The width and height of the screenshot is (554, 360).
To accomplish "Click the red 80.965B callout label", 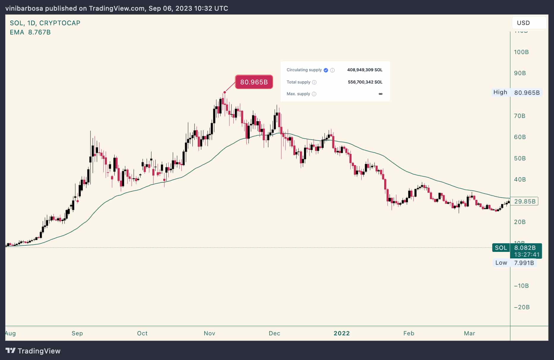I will [254, 82].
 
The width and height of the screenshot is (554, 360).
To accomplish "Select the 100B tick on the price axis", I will [521, 52].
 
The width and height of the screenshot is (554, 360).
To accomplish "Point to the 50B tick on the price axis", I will [520, 158].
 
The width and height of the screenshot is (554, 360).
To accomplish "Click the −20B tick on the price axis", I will [522, 307].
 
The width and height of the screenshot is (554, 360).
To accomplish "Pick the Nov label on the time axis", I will [209, 333].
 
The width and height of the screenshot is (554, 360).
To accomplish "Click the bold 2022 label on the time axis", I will [341, 333].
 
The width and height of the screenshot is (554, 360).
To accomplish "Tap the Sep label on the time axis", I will [77, 333].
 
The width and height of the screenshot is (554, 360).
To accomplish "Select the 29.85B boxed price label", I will [525, 201].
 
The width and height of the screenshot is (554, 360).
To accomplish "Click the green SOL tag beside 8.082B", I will [501, 248].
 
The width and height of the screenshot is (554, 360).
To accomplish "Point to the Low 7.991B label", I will [515, 263].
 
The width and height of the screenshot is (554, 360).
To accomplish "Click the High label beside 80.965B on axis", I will [500, 92].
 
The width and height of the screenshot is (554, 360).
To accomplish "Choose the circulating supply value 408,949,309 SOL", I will [365, 70].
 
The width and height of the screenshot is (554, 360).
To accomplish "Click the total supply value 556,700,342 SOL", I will [365, 82].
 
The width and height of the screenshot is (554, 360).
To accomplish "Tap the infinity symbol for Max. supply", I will [380, 94].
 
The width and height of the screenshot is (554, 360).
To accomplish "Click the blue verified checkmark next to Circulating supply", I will [326, 70].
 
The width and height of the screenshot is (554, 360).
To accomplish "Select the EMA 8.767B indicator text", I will [30, 32].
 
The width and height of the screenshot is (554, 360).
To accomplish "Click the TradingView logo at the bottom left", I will [33, 351].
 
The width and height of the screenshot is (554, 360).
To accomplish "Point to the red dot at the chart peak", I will [224, 92].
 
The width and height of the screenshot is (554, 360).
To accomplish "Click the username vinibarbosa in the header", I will [24, 8].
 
